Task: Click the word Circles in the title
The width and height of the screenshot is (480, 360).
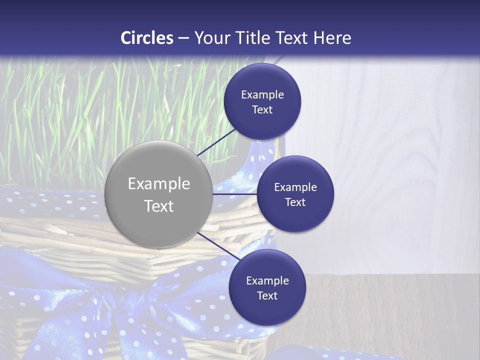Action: point(146,37)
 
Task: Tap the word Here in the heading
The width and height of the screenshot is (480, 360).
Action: point(331,37)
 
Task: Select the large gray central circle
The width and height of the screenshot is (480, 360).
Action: point(158,194)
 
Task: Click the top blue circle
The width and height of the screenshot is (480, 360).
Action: point(262,101)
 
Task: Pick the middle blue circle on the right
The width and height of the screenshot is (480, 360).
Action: point(295,194)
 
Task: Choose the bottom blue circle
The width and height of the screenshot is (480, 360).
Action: point(267,287)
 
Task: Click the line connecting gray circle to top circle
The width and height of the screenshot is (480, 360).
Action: point(217,141)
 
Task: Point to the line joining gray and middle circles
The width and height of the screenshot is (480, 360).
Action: point(234,194)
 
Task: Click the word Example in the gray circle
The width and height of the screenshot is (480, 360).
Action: point(158,183)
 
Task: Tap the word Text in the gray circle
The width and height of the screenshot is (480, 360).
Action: point(158,206)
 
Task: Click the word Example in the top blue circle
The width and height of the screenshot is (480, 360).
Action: point(262,94)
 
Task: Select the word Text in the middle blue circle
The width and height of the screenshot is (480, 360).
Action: point(295,202)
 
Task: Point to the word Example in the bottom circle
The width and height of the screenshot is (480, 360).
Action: point(267,280)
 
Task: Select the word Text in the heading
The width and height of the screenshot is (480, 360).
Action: point(291,37)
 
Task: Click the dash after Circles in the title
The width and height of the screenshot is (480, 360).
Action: point(183,37)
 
